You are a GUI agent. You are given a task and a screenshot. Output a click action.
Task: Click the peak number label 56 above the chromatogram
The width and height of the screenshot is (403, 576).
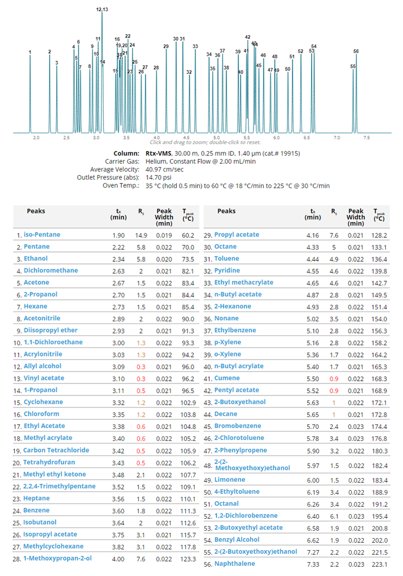[356, 51]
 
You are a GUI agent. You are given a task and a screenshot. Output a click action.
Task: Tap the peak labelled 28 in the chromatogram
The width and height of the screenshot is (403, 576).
[156, 100]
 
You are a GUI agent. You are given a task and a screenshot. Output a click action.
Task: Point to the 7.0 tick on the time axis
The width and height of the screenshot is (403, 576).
[337, 137]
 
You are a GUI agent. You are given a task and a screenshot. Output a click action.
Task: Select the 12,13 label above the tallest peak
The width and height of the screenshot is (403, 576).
[102, 10]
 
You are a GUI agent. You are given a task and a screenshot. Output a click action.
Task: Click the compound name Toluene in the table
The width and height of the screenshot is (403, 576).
[226, 258]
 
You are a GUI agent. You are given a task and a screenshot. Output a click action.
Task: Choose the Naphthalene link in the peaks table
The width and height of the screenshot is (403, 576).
[234, 563]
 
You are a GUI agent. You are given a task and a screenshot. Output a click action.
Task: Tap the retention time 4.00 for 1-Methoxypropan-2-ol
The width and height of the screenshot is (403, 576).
[118, 559]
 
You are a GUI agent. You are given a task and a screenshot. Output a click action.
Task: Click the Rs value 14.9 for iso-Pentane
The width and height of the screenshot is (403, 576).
[141, 235]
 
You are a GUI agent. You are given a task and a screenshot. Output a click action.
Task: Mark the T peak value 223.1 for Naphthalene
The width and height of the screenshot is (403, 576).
[379, 564]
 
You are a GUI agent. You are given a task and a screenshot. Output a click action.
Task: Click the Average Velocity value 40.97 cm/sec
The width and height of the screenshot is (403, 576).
[164, 169]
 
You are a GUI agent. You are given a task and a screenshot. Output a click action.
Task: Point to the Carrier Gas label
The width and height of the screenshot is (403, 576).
[122, 161]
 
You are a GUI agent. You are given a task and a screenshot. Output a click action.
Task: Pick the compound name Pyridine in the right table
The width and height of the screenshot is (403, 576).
[227, 270]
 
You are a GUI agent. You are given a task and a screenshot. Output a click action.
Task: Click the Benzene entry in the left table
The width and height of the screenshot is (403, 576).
[36, 510]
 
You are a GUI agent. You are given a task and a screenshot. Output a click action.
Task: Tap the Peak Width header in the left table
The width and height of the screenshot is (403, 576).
[164, 217]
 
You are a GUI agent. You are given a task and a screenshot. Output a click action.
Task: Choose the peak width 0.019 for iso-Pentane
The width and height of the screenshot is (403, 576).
[164, 235]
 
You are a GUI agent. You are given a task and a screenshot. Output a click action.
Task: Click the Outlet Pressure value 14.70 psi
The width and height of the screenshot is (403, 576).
[158, 177]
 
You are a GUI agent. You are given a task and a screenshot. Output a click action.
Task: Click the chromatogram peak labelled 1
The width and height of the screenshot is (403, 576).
[30, 95]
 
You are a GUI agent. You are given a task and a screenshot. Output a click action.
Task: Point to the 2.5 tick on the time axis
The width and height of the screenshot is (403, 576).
[66, 137]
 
